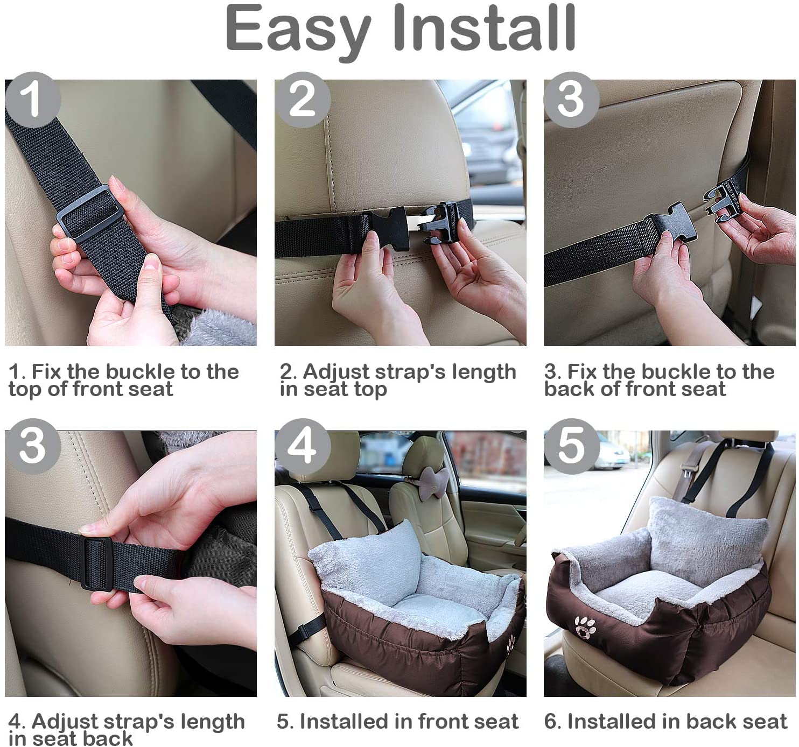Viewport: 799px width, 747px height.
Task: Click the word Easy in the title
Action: (298, 30)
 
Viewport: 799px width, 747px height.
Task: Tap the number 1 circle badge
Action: (32, 100)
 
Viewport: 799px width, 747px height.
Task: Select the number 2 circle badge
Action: (302, 100)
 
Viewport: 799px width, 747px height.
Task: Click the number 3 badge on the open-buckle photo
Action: (571, 100)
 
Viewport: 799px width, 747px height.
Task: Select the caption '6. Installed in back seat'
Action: (665, 721)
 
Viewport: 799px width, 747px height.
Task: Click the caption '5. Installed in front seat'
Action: (397, 721)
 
